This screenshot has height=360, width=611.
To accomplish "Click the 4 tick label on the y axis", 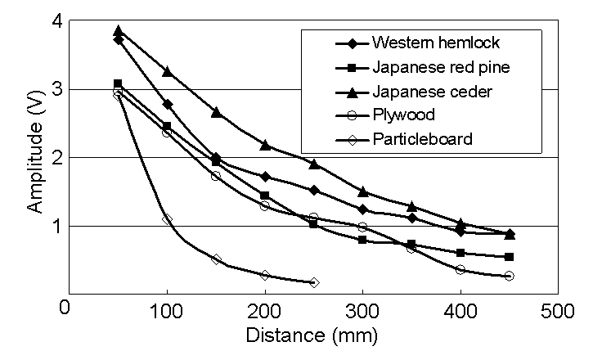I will tap(56, 20).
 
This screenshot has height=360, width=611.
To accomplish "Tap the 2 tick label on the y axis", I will tap(56, 157).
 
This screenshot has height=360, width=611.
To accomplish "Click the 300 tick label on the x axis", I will tap(362, 312).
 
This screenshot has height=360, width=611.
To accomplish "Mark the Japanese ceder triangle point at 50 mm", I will tap(119, 30).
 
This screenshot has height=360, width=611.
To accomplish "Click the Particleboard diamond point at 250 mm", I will tap(314, 282).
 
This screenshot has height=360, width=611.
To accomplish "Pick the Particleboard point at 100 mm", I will tap(167, 219).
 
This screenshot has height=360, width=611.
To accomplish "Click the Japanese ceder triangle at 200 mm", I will tap(265, 145).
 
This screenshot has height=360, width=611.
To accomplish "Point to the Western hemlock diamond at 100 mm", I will tap(167, 104).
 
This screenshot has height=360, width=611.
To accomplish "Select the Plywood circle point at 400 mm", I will tap(460, 269).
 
